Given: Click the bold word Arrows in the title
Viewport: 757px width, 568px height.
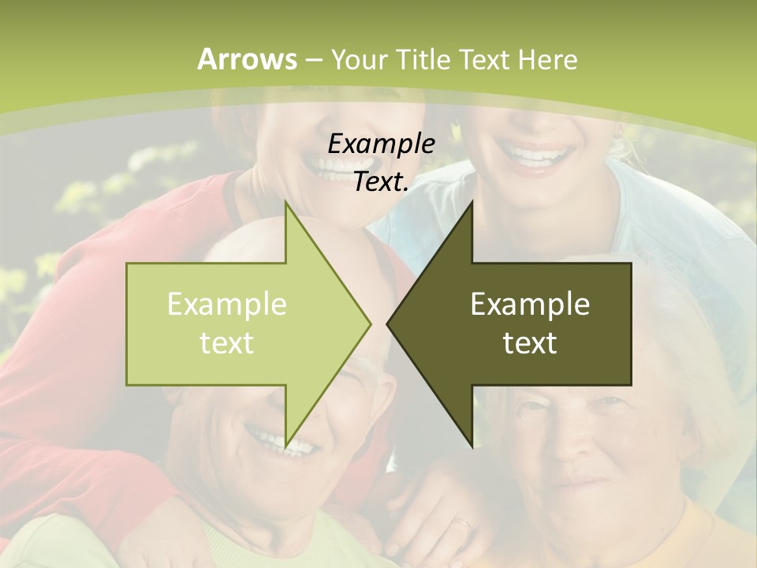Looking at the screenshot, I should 248,59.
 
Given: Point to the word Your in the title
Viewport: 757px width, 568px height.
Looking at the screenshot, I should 357,59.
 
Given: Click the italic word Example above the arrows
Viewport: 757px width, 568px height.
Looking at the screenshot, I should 381,144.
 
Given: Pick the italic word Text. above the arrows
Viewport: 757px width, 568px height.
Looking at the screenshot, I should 381,181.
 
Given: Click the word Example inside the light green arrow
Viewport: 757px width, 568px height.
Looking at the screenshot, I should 226,304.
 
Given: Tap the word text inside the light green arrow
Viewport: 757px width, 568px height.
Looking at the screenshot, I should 226,342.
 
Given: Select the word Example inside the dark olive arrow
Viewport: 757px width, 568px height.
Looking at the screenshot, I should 530,304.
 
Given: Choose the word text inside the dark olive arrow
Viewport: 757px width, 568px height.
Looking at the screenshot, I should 530,342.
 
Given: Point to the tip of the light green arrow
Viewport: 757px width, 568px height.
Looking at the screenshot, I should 371,323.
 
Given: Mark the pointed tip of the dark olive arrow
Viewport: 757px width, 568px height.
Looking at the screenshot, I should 387,323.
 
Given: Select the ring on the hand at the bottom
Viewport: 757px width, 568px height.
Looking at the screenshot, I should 464,522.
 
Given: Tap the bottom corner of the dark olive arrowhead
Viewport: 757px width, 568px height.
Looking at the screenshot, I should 472,447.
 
